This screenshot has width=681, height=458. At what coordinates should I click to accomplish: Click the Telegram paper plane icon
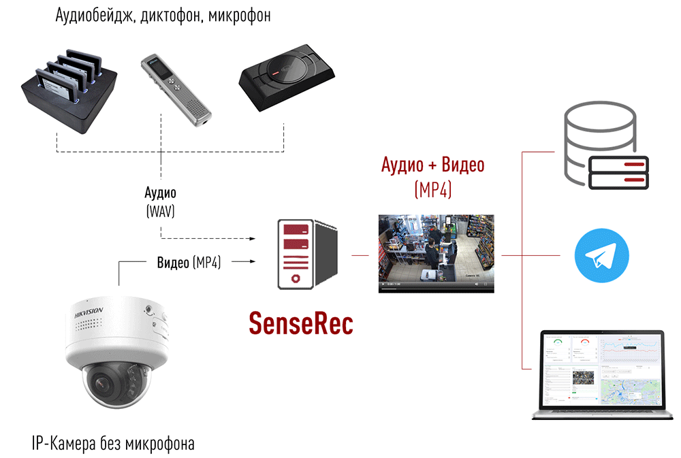coord(601,257)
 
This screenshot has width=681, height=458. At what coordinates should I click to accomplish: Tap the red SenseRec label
coord(300,322)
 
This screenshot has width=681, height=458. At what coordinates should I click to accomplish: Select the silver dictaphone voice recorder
coord(176,91)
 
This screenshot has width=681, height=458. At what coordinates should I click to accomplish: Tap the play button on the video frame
coord(383,283)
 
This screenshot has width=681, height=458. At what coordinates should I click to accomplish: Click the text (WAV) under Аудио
coord(161,211)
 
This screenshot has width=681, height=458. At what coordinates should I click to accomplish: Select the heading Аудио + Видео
coord(432,165)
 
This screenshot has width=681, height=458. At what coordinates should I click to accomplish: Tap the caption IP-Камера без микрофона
coord(113,444)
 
